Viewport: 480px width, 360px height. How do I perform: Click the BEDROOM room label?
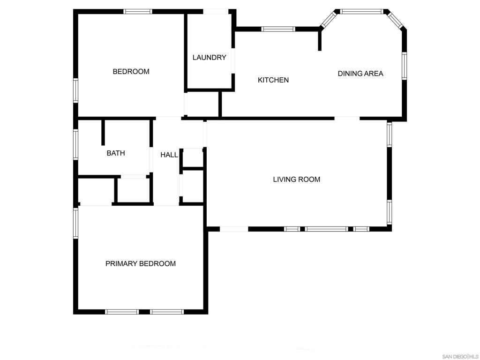coord(131,72)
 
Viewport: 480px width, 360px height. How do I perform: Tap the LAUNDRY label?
coord(210,58)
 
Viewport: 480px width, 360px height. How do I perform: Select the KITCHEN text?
coord(273,80)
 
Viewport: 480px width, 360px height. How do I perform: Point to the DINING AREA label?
coord(360,74)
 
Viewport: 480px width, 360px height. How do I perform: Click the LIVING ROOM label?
coord(297,180)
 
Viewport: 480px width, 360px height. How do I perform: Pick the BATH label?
coord(116,153)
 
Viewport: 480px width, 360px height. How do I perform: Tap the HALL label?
coord(169,155)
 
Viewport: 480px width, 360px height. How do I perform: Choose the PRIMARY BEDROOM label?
coord(141,264)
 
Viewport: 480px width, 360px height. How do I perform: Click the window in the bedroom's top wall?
coord(138,11)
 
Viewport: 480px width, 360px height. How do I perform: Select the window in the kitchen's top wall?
coord(278,29)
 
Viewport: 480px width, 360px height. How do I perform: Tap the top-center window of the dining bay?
coord(361,11)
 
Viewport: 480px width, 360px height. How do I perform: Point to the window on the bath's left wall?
coord(75,144)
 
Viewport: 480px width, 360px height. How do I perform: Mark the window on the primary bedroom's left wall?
coord(75,223)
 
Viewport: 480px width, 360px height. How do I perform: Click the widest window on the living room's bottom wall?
coord(327,229)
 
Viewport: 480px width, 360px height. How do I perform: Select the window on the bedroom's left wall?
coord(75,90)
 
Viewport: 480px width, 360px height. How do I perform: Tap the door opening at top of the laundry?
coord(216,11)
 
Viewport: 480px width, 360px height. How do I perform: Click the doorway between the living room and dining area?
coord(347,118)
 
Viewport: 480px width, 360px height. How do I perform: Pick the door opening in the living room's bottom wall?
coord(234,229)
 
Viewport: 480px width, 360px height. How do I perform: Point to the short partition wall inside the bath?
coord(103,133)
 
